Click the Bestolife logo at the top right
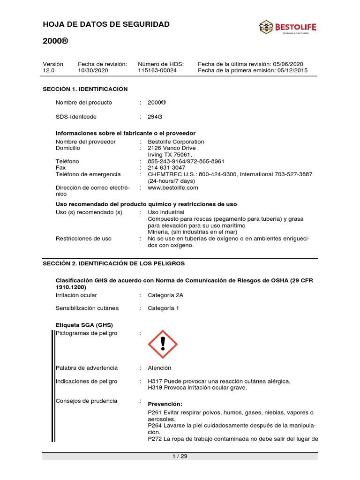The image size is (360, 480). coord(288,28)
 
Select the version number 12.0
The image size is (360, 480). coord(49,70)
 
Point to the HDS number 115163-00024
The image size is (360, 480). coord(157,70)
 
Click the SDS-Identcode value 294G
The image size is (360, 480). coord(155,117)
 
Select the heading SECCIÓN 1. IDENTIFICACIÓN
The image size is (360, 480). coord(85,89)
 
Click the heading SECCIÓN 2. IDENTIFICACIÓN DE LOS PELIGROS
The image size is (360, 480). coord(114,263)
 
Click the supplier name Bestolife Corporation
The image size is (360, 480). coord(176,142)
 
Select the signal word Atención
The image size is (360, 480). coord(159,368)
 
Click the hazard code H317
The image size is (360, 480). coord(154,382)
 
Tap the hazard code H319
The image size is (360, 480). coord(154,388)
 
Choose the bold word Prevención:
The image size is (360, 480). coord(165,404)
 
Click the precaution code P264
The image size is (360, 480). coord(155,426)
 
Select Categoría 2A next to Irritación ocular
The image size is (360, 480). coord(165,295)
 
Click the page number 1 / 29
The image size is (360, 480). coord(180,457)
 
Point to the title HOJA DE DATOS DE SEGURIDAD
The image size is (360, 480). coord(106,24)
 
